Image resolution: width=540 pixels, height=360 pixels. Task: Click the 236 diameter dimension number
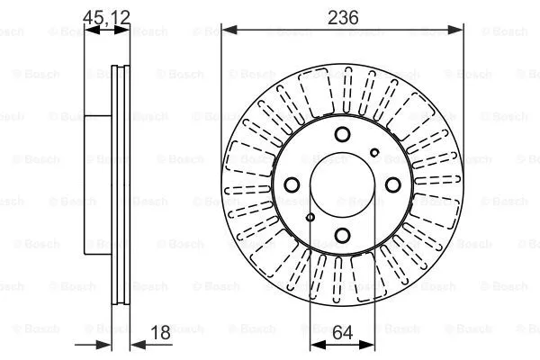coord(342,16)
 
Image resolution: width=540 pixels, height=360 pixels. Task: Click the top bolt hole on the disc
coord(342,135)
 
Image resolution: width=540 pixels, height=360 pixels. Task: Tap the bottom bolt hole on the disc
coord(342,236)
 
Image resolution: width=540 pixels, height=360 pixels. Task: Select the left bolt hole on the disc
coord(292,185)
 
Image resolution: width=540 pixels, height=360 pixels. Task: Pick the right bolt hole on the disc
coord(392,185)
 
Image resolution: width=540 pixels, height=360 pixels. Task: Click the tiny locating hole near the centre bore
coord(310,216)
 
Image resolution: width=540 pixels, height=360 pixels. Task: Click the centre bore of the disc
coord(342,184)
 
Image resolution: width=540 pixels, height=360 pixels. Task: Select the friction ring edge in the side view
coord(118,184)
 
